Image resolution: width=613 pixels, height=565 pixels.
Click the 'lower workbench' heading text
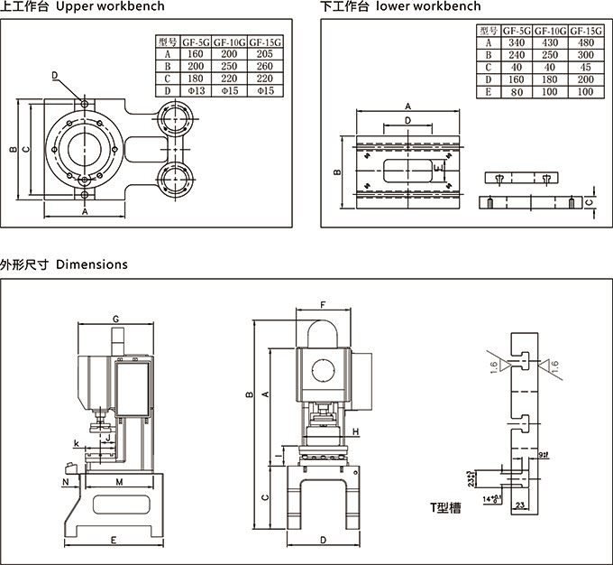428,7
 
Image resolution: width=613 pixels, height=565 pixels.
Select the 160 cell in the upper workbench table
196,53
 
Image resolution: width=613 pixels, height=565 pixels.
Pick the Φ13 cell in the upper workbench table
196,91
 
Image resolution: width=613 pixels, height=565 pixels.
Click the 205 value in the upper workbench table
266,53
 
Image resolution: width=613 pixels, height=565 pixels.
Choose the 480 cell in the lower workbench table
584,42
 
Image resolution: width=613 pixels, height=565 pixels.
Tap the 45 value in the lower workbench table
584,68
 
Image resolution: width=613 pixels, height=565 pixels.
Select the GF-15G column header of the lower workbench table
584,31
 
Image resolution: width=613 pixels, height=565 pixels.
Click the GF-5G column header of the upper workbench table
196,42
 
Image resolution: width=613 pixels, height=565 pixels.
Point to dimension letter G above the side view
116,319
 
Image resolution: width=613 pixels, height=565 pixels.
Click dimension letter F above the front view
322,304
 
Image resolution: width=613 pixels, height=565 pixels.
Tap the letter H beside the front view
357,431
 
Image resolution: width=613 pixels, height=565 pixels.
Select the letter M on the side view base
119,483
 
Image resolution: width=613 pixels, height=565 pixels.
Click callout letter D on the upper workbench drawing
55,75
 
